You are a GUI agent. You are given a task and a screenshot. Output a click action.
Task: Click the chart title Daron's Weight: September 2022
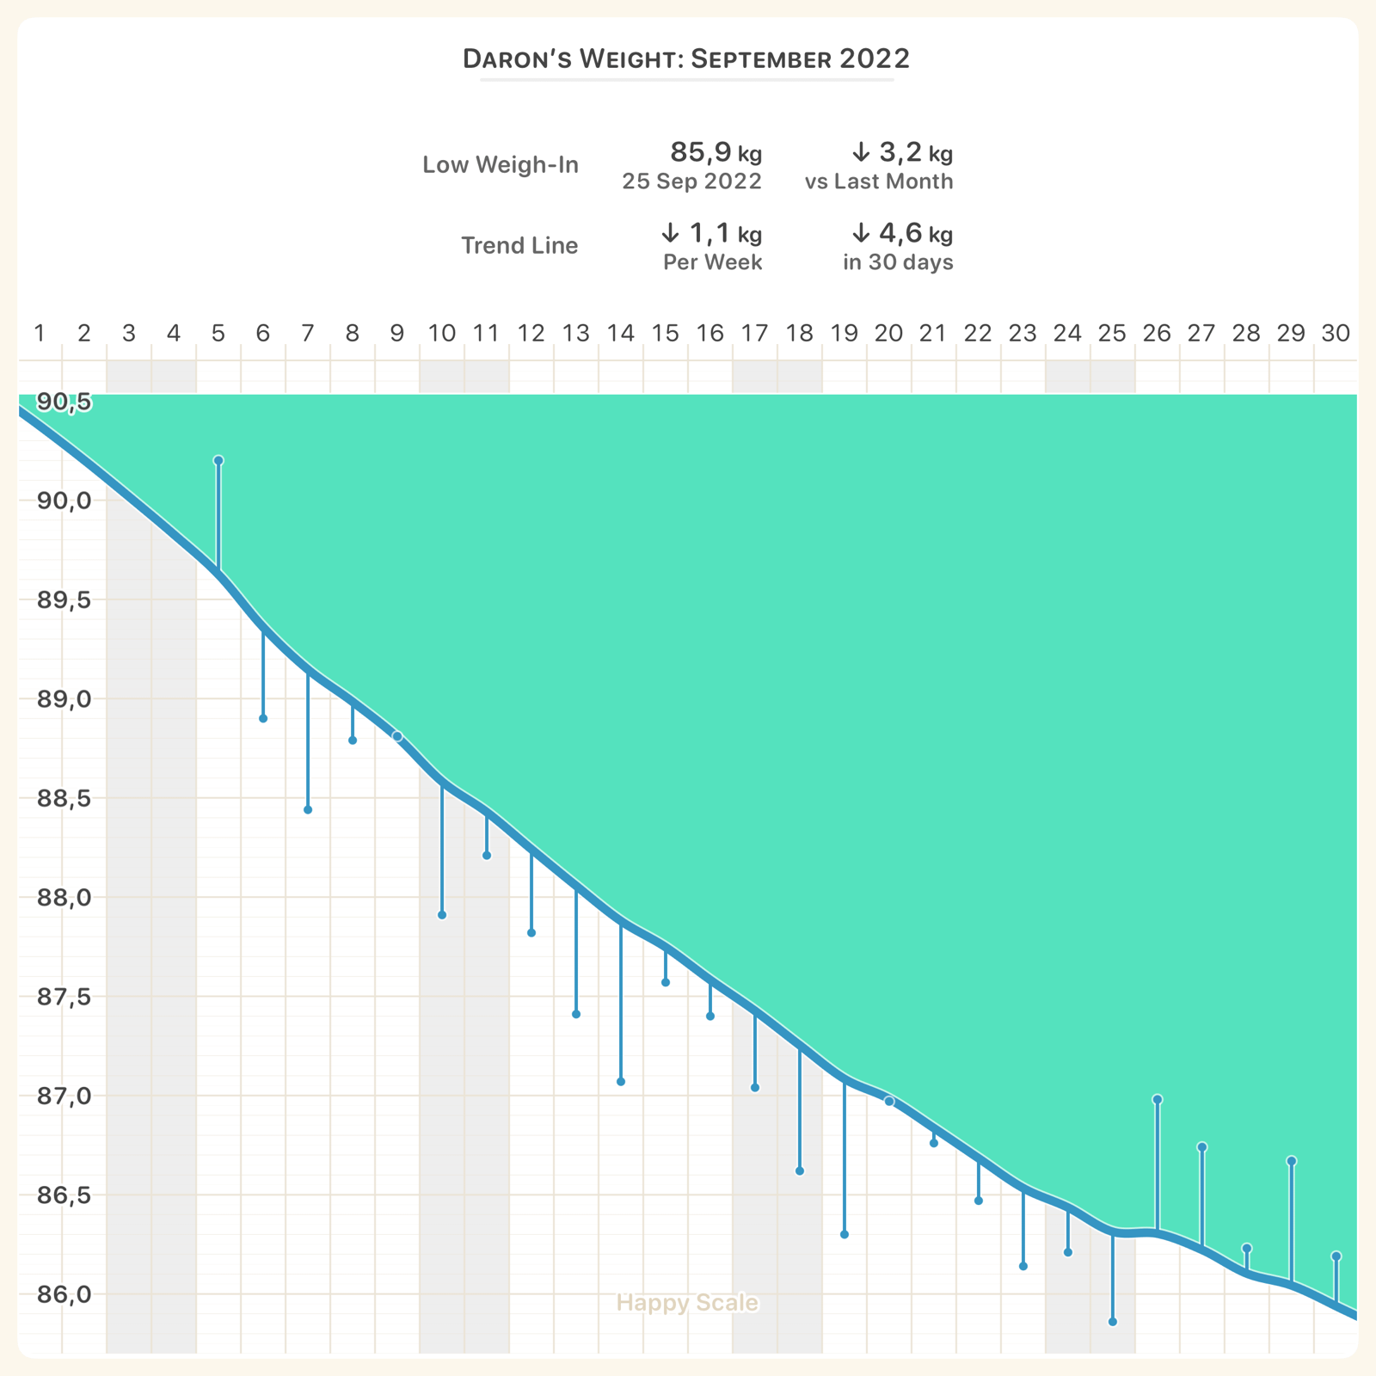(x=686, y=58)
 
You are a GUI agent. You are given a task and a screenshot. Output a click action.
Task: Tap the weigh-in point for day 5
(x=218, y=461)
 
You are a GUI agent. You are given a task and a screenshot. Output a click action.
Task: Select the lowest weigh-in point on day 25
(x=1113, y=1322)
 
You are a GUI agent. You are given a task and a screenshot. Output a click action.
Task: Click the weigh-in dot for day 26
(x=1158, y=1099)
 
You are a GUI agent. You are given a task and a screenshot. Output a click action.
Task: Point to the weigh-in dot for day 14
(x=621, y=1082)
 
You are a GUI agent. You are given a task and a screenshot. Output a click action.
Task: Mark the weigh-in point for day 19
(x=845, y=1235)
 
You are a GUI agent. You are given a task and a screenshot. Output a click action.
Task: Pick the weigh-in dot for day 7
(x=308, y=810)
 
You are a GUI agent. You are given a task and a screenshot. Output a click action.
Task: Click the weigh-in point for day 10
(x=442, y=915)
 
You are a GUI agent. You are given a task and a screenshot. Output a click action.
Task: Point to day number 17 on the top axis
(x=754, y=333)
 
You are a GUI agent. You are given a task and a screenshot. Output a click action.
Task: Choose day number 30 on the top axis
(x=1336, y=333)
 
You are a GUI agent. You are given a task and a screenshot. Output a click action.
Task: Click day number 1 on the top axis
(x=40, y=333)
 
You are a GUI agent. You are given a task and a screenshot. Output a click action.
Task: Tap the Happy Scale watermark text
(x=687, y=1303)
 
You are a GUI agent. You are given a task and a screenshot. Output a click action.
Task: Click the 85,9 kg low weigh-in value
(x=716, y=153)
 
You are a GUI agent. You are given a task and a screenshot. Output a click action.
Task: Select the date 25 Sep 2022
(x=691, y=181)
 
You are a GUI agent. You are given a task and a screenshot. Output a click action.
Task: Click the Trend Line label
(x=519, y=246)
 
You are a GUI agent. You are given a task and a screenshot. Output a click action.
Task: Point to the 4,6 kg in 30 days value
(x=901, y=233)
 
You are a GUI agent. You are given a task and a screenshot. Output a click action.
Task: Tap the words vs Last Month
(x=879, y=181)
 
